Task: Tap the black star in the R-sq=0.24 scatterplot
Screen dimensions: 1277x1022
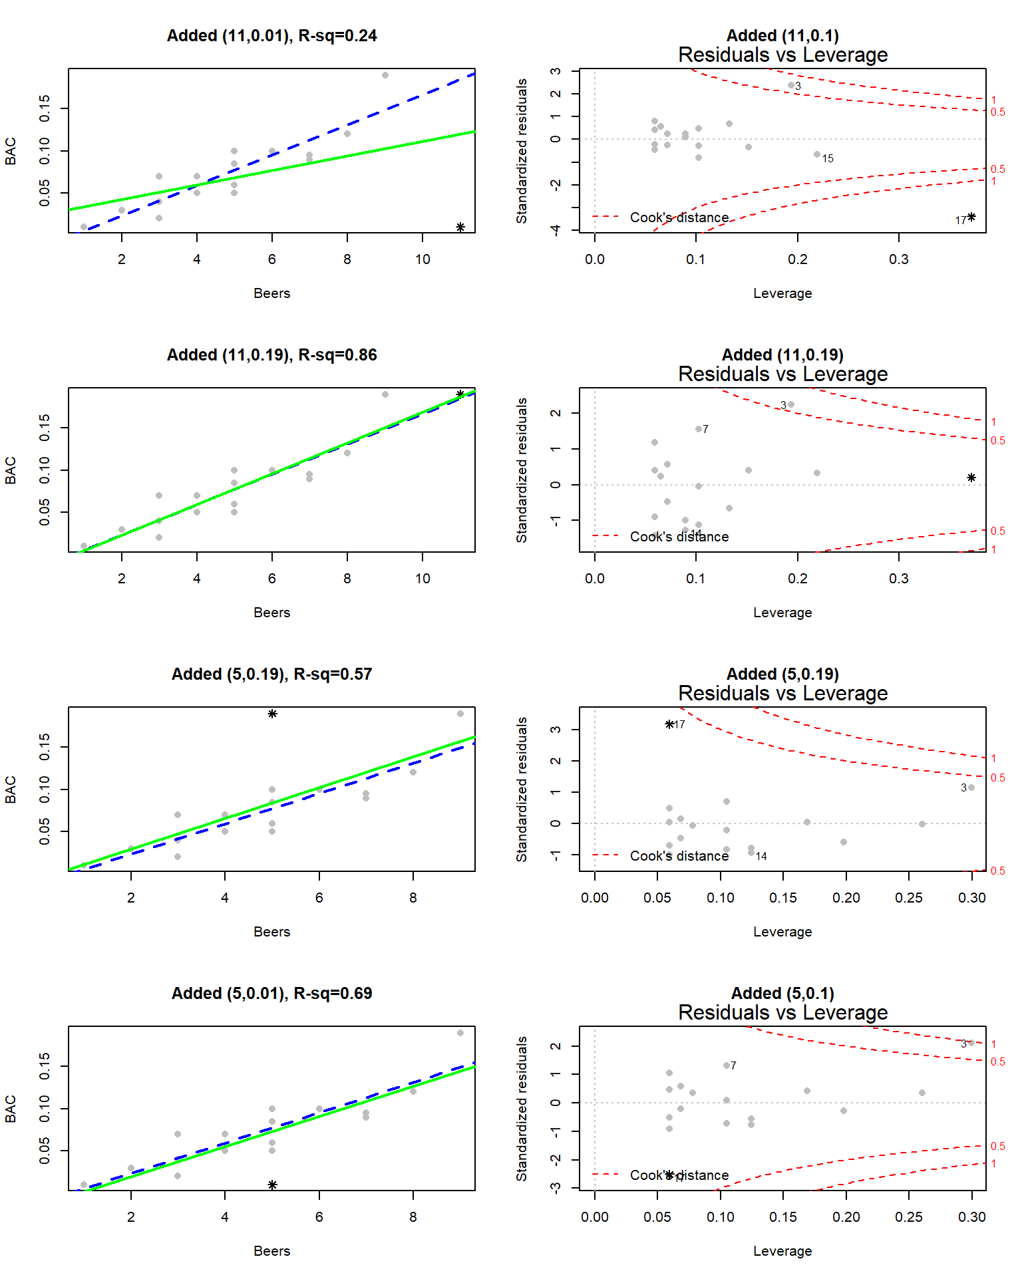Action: point(460,227)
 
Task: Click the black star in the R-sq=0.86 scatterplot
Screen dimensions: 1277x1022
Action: point(460,394)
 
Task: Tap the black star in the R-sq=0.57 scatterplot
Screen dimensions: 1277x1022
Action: point(272,714)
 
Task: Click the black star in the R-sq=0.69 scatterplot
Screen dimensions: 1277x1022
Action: point(272,1185)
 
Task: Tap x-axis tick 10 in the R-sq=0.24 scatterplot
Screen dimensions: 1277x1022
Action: point(423,259)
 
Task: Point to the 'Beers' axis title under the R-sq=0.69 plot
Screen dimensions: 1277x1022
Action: point(271,1251)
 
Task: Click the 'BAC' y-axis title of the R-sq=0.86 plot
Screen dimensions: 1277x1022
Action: point(11,470)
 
